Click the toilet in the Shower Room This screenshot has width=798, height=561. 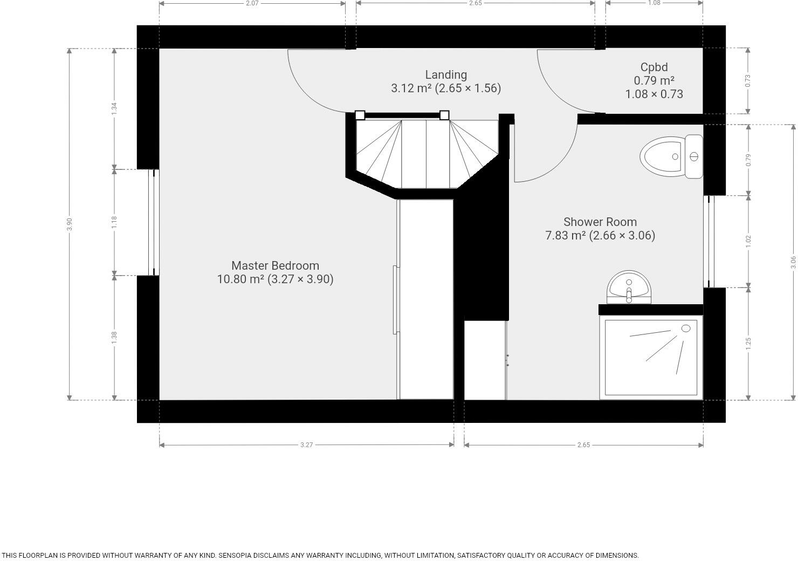[671, 156]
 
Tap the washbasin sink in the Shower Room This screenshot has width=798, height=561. [629, 286]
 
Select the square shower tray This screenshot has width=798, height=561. [651, 358]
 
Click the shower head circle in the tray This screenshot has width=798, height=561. [686, 329]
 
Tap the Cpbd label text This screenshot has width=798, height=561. [654, 67]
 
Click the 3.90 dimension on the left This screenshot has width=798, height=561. [69, 224]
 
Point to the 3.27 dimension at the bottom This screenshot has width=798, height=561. [306, 445]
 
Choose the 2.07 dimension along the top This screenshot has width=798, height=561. [252, 3]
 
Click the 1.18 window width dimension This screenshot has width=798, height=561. [114, 222]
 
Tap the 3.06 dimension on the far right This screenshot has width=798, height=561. [793, 262]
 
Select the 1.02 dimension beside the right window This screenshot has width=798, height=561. [748, 241]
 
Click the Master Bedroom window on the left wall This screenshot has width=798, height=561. [153, 222]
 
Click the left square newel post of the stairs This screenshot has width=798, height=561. [360, 115]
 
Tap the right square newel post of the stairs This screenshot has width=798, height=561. [444, 115]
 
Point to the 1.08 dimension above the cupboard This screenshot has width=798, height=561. [654, 3]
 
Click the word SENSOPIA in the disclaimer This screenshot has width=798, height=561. [237, 555]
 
